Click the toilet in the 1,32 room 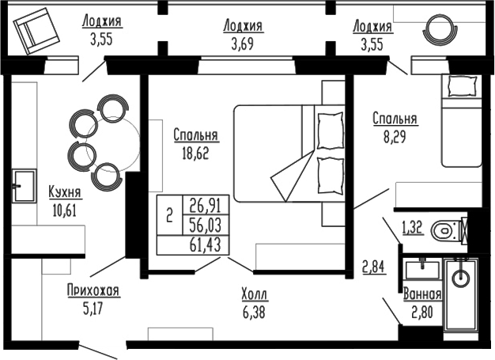[x=448, y=230]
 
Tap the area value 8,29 [x=395, y=135]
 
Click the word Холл [x=255, y=295]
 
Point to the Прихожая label [x=93, y=290]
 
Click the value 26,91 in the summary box [x=205, y=206]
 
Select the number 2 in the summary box [x=169, y=215]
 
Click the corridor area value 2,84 [x=374, y=266]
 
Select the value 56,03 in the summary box [x=205, y=225]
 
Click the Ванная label [x=421, y=294]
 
